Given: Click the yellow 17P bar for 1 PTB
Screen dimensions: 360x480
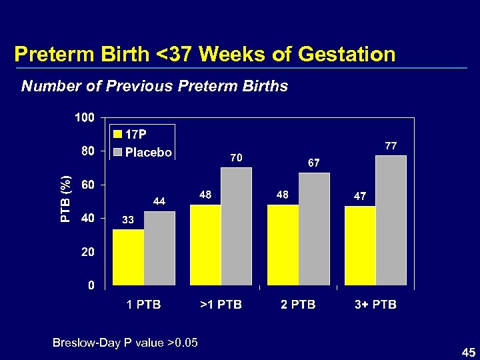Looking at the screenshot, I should coord(128,257).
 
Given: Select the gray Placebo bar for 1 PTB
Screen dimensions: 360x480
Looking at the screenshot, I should coord(159,249).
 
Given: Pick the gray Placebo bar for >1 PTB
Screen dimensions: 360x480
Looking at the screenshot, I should coord(237,227).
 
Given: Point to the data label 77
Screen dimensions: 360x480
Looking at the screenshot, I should coord(391,145).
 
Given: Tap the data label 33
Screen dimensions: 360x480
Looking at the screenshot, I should coord(127,219).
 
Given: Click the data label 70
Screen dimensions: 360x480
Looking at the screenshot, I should coord(236,158).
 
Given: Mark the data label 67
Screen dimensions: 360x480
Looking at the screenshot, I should coord(314,162).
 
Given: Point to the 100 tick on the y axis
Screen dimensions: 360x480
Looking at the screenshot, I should coord(84,118).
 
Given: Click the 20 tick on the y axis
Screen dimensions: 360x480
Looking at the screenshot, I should coord(87,253).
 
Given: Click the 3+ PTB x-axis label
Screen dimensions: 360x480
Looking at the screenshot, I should coord(375,305).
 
